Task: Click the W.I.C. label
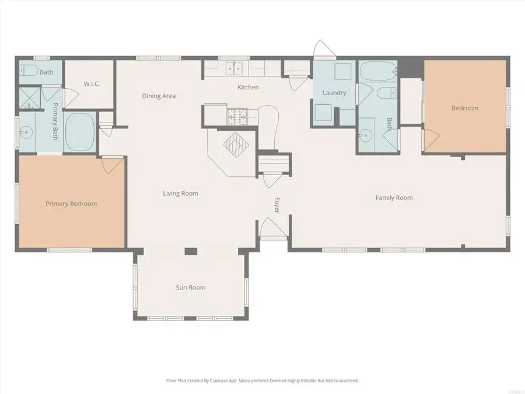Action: [92, 84]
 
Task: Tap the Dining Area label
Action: [159, 96]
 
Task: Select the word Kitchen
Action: [248, 88]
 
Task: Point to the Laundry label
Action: [334, 93]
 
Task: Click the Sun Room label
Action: [191, 288]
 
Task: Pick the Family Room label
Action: [394, 198]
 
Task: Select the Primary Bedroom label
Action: [71, 204]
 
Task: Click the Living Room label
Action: [180, 193]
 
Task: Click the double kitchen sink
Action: [236, 68]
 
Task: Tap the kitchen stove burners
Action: [236, 116]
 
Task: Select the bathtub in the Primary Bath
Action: [80, 132]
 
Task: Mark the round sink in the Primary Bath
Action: [25, 133]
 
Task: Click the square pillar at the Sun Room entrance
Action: [190, 252]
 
